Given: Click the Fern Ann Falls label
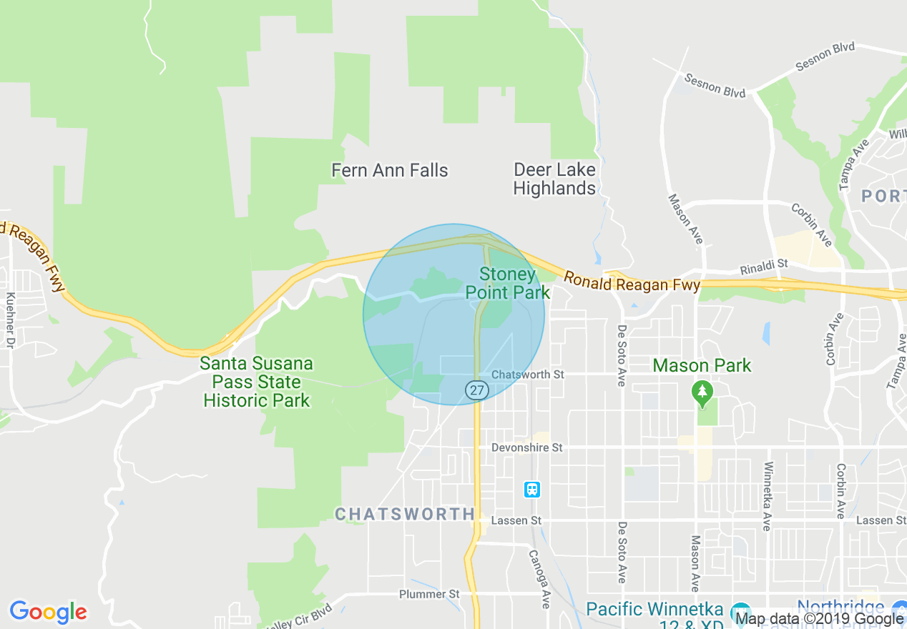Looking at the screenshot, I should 390,170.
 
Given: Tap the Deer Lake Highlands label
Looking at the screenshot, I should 554,179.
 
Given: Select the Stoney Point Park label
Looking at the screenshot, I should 508,283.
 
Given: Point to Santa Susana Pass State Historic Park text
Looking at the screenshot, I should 257,382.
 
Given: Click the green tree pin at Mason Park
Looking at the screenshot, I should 702,392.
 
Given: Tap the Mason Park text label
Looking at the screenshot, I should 702,366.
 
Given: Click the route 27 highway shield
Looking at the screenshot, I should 476,390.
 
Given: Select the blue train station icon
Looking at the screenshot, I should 531,490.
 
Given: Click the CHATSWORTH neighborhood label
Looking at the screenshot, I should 405,514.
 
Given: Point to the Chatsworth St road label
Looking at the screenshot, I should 528,375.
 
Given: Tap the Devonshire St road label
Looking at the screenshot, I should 527,447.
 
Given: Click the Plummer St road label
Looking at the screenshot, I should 429,594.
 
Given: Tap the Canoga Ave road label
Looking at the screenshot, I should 539,578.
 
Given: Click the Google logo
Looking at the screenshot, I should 48,612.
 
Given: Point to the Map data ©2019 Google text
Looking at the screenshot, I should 819,619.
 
